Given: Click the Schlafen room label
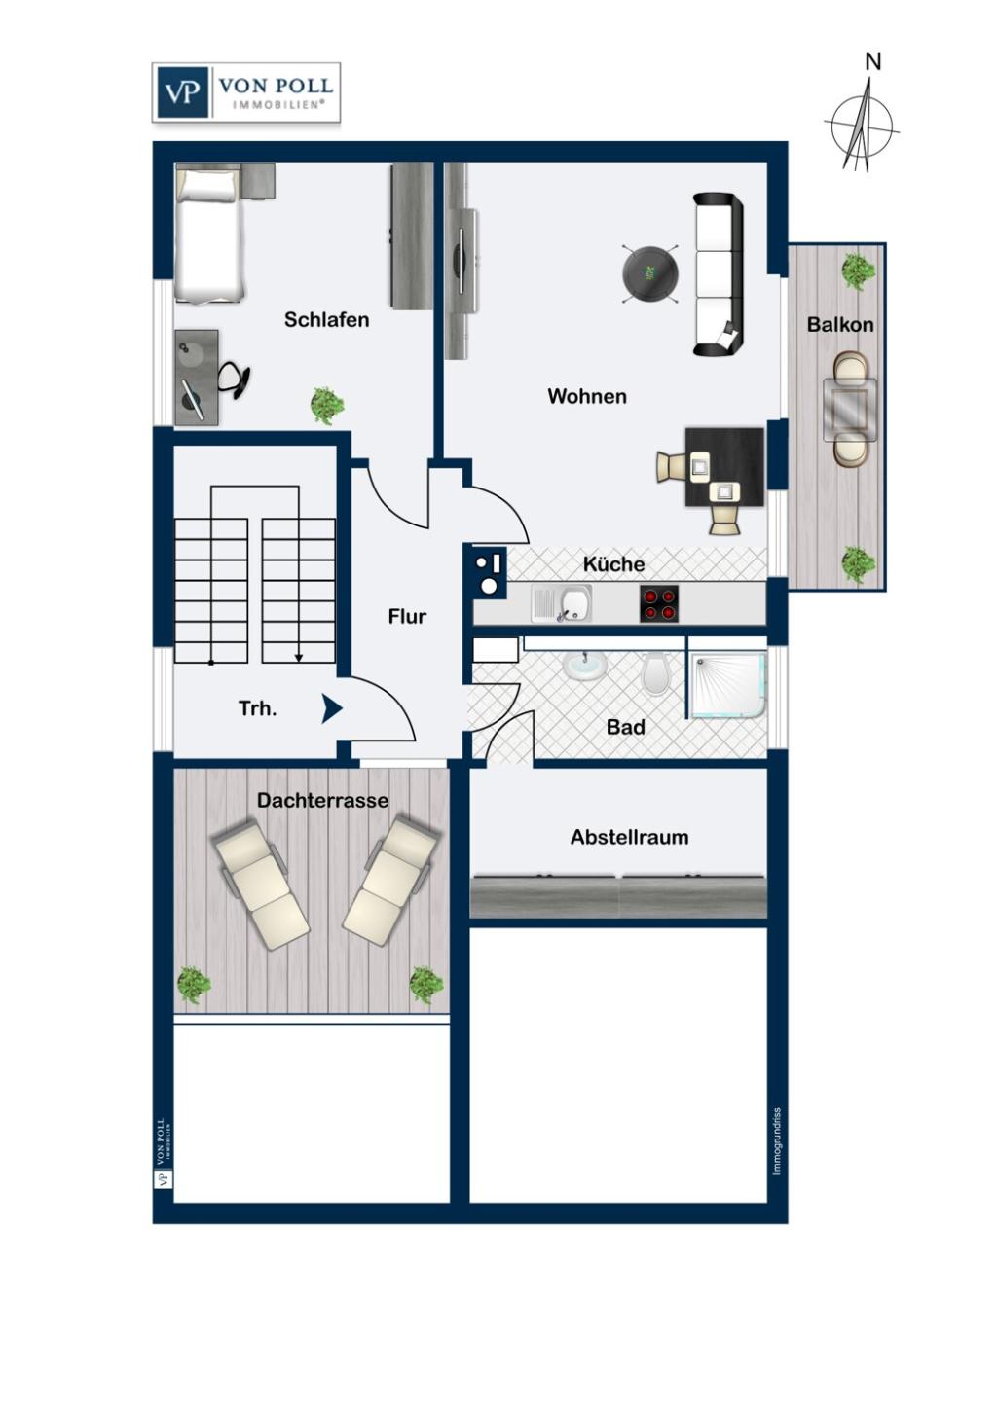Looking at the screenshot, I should pyautogui.click(x=326, y=320).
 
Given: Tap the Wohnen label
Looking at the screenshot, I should pyautogui.click(x=586, y=397).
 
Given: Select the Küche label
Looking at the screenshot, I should pyautogui.click(x=613, y=564).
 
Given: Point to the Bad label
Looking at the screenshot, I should pyautogui.click(x=625, y=727).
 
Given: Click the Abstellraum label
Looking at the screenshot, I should pyautogui.click(x=629, y=837).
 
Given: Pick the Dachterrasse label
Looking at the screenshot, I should pyautogui.click(x=322, y=801).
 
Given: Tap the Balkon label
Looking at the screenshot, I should pyautogui.click(x=839, y=325).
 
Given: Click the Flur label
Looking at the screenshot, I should pyautogui.click(x=407, y=617).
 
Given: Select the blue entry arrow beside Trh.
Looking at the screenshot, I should pyautogui.click(x=331, y=709).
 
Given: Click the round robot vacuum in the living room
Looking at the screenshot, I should pyautogui.click(x=650, y=272).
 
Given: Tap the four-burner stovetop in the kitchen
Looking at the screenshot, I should pyautogui.click(x=659, y=604).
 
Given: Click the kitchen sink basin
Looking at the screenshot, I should pyautogui.click(x=574, y=603).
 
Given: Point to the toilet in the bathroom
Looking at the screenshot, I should pyautogui.click(x=656, y=673).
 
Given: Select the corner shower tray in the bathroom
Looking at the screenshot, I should pyautogui.click(x=728, y=685).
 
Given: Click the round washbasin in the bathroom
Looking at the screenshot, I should pyautogui.click(x=585, y=667).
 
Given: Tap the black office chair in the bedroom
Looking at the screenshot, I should pyautogui.click(x=235, y=379).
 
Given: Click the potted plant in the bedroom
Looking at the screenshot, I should pyautogui.click(x=327, y=405).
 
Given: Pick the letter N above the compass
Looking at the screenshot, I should pyautogui.click(x=872, y=62).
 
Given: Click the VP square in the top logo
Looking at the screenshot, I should pyautogui.click(x=181, y=92).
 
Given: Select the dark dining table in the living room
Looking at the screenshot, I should pyautogui.click(x=724, y=466).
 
